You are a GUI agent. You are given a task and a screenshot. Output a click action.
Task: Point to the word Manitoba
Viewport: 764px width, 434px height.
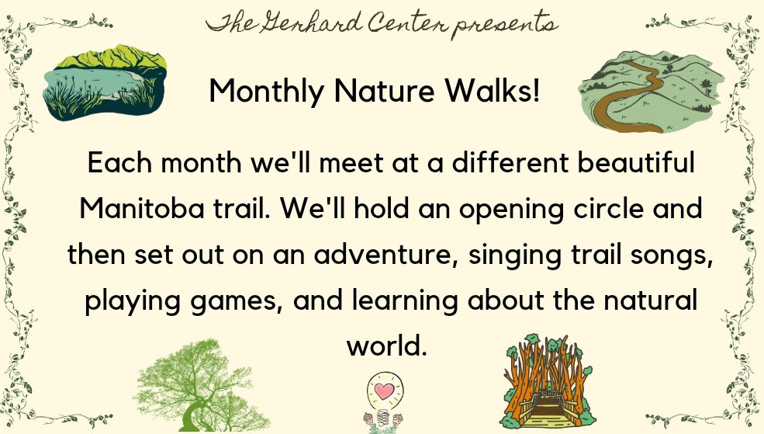coord(141,208)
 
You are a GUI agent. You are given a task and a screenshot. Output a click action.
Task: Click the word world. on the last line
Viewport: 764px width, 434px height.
coord(386,345)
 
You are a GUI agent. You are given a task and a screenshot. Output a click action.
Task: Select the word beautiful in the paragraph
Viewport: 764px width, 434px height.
coord(635,162)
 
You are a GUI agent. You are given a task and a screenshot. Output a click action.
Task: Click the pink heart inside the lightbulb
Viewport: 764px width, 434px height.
coord(384,391)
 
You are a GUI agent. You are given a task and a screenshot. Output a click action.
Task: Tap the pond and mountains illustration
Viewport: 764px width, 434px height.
coord(104,83)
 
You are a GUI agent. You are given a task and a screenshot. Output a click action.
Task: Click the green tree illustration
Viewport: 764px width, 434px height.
coord(201,385)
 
